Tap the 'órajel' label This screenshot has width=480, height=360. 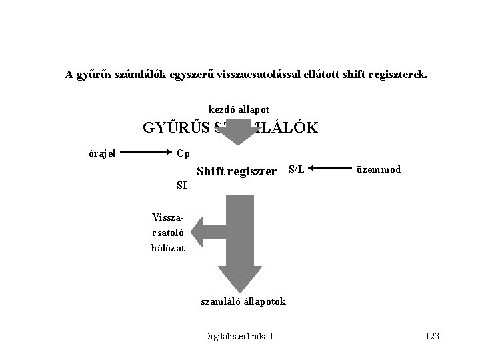102,153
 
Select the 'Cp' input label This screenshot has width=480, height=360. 183,153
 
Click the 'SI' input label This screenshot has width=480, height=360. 181,185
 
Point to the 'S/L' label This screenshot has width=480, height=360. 296,169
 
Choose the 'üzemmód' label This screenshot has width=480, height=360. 379,169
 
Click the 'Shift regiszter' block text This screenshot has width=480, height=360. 237,172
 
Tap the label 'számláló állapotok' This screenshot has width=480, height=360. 243,301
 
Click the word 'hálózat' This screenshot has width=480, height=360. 167,248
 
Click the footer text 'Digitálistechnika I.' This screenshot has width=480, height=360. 239,337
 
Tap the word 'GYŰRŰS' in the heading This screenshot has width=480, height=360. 174,127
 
